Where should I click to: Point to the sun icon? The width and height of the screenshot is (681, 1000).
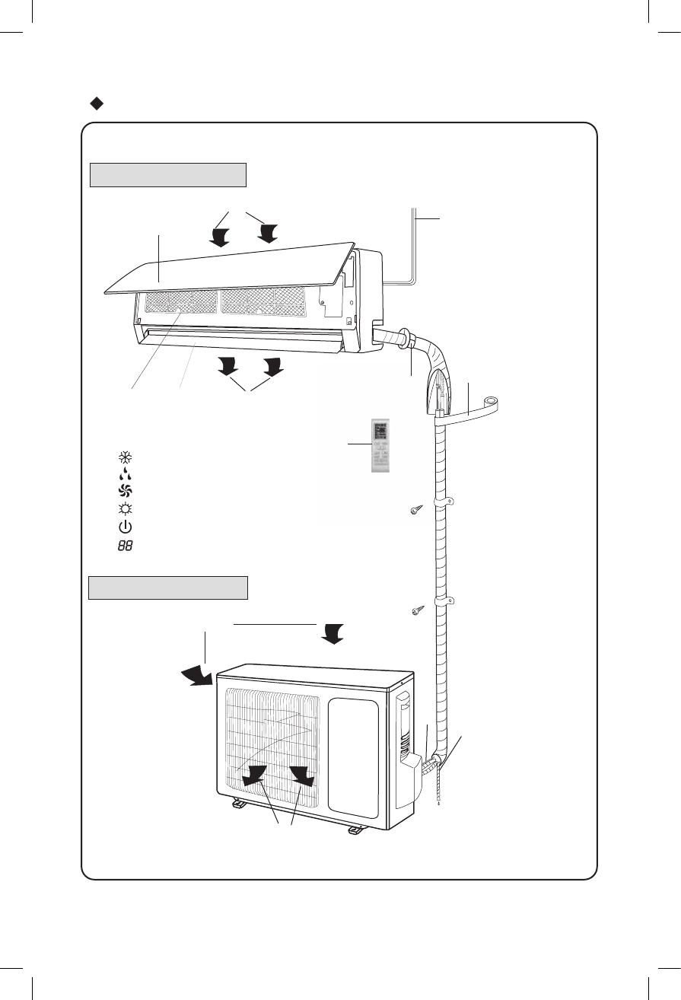tap(122, 509)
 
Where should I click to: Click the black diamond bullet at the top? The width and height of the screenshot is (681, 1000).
tap(97, 103)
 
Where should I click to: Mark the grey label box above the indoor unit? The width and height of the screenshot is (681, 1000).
tap(168, 174)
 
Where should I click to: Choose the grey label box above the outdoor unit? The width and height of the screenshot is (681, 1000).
tap(168, 588)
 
